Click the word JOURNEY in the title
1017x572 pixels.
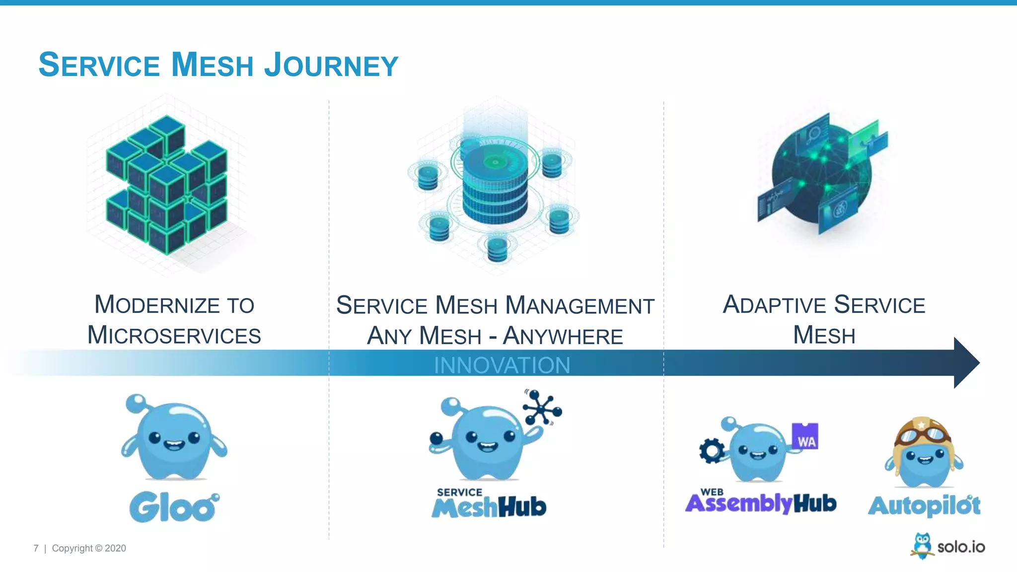pyautogui.click(x=331, y=65)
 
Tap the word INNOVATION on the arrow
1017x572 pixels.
pyautogui.click(x=502, y=365)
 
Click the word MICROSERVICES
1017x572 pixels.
pyautogui.click(x=174, y=335)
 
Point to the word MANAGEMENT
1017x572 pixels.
pyautogui.click(x=579, y=305)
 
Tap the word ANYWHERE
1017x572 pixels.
pyautogui.click(x=563, y=336)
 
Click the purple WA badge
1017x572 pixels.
pyautogui.click(x=805, y=436)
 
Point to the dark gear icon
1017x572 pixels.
pyautogui.click(x=712, y=451)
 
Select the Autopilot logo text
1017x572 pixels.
pyautogui.click(x=924, y=506)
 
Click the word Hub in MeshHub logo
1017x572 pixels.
pyautogui.click(x=522, y=507)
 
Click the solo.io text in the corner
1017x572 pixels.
pyautogui.click(x=961, y=547)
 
